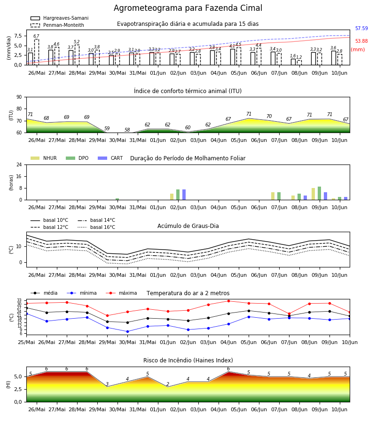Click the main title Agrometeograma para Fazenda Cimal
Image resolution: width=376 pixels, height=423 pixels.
[188, 8]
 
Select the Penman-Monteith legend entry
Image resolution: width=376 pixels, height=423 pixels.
[57, 25]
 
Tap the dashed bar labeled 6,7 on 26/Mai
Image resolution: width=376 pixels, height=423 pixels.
[36, 52]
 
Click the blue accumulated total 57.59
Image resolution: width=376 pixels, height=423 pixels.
[361, 28]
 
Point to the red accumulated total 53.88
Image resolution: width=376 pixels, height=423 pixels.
[361, 41]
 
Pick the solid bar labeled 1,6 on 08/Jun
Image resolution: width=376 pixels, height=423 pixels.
[293, 62]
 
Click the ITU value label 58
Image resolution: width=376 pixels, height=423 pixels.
[127, 130]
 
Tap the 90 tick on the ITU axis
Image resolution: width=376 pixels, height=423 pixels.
[19, 97]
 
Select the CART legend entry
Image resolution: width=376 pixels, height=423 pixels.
[110, 158]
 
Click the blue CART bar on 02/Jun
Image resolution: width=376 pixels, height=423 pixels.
[184, 195]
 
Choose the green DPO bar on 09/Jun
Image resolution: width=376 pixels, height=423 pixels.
[319, 193]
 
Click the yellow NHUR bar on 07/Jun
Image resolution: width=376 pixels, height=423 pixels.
[273, 196]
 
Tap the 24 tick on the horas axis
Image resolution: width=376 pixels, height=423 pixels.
[19, 164]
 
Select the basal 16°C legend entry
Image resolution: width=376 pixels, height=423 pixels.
[96, 227]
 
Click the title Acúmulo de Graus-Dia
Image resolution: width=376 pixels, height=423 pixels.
[188, 226]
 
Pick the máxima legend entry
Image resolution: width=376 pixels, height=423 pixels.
[121, 293]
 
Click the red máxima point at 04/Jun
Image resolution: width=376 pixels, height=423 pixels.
[229, 301]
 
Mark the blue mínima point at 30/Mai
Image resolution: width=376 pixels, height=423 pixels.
[127, 331]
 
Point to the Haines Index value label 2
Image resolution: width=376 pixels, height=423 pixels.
[168, 384]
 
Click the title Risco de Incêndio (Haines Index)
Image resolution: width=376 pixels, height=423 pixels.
[188, 360]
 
